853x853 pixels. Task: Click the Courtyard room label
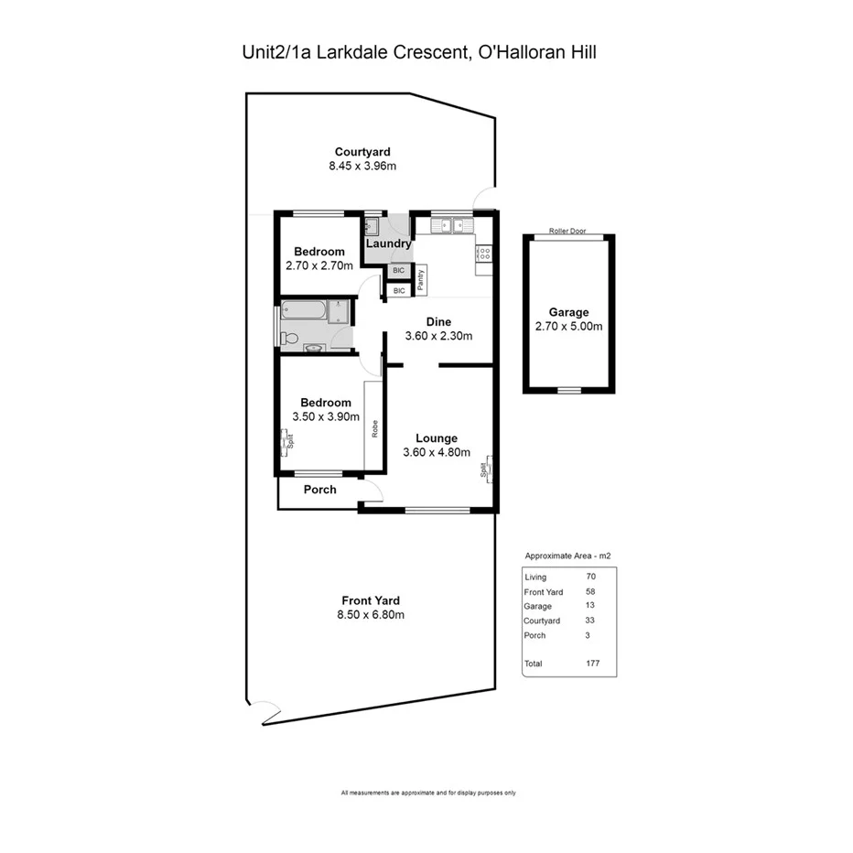pyautogui.click(x=362, y=152)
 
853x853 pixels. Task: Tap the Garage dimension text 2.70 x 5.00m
pyautogui.click(x=568, y=327)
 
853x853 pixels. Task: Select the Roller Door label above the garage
pyautogui.click(x=567, y=232)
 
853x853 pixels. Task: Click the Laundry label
pyautogui.click(x=388, y=244)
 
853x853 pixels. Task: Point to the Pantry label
pyautogui.click(x=420, y=279)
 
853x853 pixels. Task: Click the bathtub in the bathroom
pyautogui.click(x=304, y=311)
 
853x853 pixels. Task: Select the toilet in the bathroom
pyautogui.click(x=290, y=338)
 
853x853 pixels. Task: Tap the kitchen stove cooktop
pyautogui.click(x=484, y=254)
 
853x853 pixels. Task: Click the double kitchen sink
pyautogui.click(x=448, y=224)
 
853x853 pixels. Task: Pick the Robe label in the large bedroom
pyautogui.click(x=374, y=428)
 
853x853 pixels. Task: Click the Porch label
pyautogui.click(x=319, y=490)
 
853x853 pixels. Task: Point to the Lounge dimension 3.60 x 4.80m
pyautogui.click(x=436, y=452)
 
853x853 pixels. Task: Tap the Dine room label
pyautogui.click(x=438, y=321)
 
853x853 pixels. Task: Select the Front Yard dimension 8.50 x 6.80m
pyautogui.click(x=371, y=615)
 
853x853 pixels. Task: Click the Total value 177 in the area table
pyautogui.click(x=592, y=664)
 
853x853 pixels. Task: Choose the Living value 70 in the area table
pyautogui.click(x=590, y=578)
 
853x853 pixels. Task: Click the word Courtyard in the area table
pyautogui.click(x=542, y=621)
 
